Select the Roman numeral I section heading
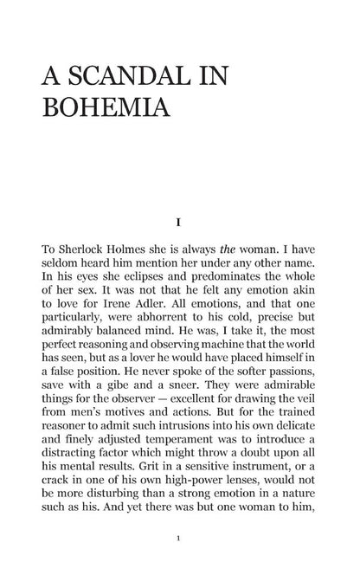click(178, 222)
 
